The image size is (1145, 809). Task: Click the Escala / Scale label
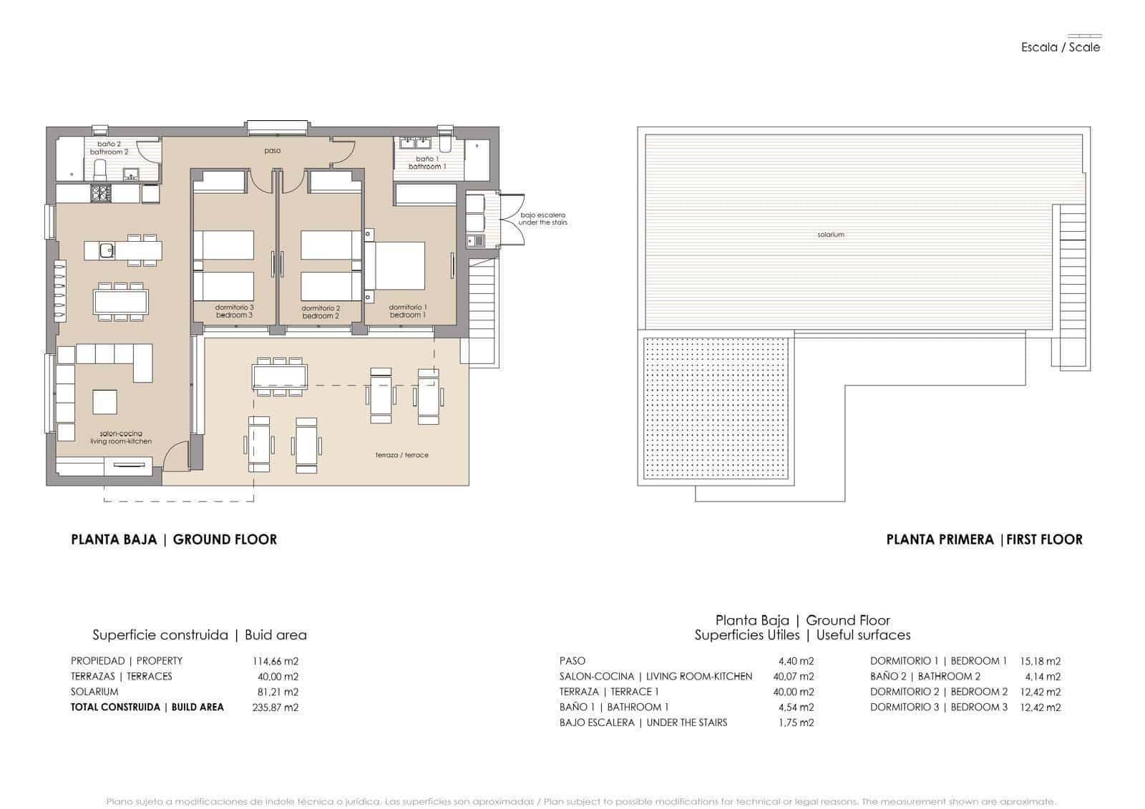(x=1060, y=47)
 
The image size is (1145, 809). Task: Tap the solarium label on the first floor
(x=830, y=235)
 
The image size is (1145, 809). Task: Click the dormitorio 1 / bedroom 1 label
(x=408, y=311)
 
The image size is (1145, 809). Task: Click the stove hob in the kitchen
(x=99, y=193)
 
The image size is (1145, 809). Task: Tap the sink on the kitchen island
(x=106, y=250)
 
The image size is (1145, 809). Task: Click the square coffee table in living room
(x=105, y=401)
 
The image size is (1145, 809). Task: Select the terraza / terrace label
(x=401, y=455)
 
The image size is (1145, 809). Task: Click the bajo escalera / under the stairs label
(x=542, y=219)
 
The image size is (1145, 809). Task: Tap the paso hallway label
(x=272, y=151)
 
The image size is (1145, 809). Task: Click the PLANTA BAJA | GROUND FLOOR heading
(x=174, y=540)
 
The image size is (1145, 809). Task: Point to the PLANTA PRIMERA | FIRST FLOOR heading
(x=984, y=540)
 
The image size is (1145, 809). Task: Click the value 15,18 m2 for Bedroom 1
(x=1040, y=662)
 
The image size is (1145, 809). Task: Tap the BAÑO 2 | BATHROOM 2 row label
(x=925, y=677)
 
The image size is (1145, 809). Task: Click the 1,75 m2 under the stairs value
(x=796, y=723)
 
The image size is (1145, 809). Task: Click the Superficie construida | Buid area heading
(x=199, y=635)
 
